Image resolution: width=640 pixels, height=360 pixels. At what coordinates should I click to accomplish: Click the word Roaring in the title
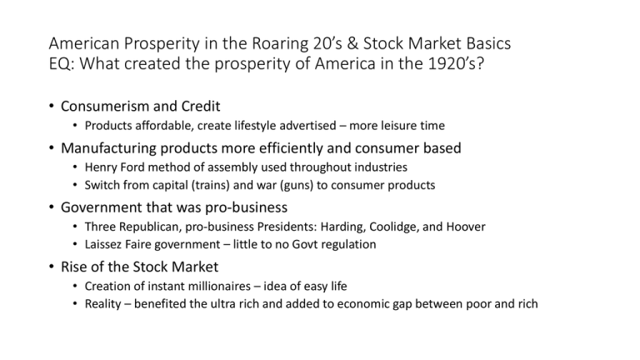coord(280,44)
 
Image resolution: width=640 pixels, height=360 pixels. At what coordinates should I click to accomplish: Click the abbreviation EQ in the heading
coord(61,63)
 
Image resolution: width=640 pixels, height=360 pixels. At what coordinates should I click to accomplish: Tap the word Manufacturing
coord(108,148)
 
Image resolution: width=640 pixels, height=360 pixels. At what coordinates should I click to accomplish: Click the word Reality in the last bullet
coord(102,304)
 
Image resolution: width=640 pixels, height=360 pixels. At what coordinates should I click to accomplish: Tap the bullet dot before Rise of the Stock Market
coord(52,267)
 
